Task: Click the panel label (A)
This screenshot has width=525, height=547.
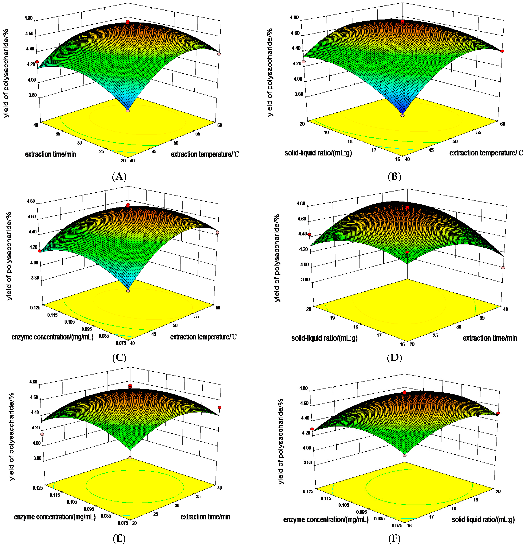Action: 119,177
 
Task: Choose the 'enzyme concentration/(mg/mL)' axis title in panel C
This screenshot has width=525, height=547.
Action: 53,337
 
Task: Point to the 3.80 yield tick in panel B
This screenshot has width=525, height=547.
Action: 299,94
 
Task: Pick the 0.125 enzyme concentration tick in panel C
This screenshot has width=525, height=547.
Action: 36,307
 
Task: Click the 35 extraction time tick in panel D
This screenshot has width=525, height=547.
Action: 482,318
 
